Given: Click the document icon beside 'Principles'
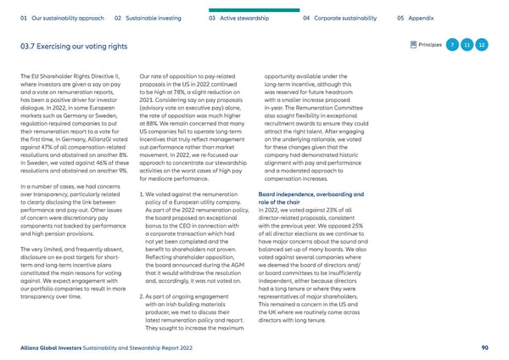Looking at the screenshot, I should point(412,44).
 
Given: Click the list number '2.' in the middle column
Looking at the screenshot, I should point(140,272).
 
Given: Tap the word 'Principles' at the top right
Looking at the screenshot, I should point(431,44).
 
